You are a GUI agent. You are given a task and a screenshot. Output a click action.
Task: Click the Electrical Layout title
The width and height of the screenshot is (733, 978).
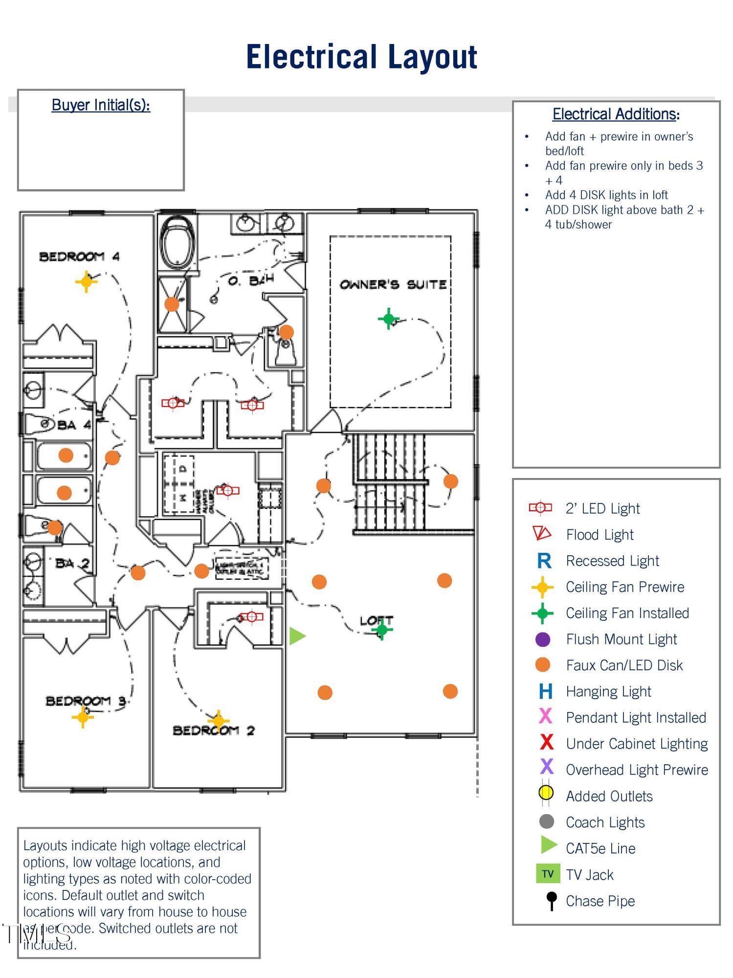tap(361, 57)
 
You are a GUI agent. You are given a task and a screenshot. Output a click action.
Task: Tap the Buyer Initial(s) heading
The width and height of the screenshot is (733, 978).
tap(101, 105)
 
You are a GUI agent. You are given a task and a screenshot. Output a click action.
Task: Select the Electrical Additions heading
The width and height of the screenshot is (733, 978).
tap(616, 114)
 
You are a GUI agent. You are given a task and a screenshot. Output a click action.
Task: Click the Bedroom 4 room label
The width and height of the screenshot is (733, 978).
tap(79, 256)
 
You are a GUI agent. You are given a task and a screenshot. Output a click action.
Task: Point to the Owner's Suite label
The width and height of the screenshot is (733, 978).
tap(393, 284)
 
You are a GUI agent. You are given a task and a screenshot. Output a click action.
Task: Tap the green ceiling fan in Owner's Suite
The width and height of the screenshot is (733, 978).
tap(389, 319)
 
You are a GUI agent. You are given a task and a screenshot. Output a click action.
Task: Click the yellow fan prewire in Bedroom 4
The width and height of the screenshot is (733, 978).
tap(86, 281)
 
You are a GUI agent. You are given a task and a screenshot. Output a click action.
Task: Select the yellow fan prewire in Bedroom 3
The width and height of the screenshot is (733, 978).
tap(82, 717)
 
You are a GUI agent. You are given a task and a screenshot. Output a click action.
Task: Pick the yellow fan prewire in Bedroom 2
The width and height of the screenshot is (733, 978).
tap(218, 720)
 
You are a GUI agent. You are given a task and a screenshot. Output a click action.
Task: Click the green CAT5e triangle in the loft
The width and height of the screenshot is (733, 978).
tap(297, 636)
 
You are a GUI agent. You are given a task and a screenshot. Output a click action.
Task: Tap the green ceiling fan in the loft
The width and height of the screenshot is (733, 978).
tap(382, 630)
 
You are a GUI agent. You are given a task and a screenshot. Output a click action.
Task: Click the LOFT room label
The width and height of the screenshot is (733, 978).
tap(376, 620)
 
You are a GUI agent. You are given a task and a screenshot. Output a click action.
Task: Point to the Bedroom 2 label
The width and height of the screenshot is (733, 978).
tap(213, 731)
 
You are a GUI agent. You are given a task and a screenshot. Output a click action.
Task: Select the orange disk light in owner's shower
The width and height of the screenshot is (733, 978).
tap(172, 304)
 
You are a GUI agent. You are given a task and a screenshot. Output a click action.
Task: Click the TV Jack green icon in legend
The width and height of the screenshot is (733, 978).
tap(548, 874)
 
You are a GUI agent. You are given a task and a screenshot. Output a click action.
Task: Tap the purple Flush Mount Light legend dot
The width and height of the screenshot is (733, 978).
tap(543, 639)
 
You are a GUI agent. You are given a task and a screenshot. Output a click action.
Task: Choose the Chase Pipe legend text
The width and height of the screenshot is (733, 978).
tap(600, 901)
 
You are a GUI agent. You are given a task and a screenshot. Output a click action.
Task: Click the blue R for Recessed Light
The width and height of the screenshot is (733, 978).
tap(544, 561)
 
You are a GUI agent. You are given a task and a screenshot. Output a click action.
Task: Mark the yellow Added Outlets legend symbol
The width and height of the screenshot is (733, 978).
tap(546, 793)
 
